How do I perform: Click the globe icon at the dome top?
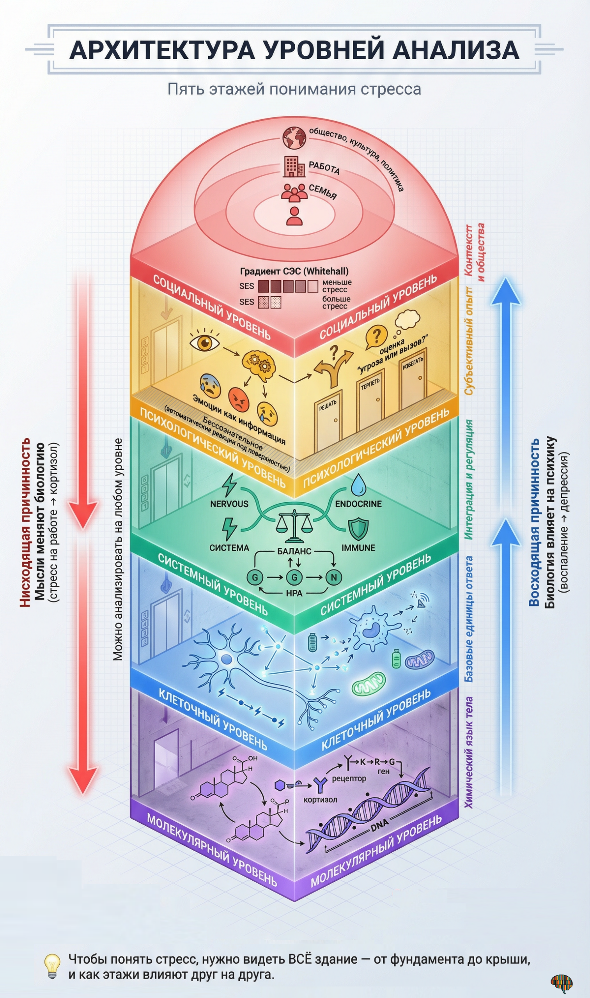[x=294, y=138]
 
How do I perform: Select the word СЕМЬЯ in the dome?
[x=322, y=191]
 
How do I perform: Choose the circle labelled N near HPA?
[x=333, y=577]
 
